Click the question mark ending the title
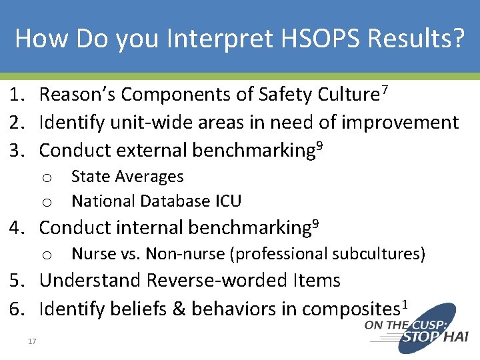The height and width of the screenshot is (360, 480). click(457, 39)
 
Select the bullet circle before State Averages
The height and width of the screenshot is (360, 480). click(47, 178)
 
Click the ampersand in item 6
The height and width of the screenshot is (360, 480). click(180, 309)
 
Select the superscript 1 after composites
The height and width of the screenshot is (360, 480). click(404, 305)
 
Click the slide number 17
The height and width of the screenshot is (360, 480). click(32, 342)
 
